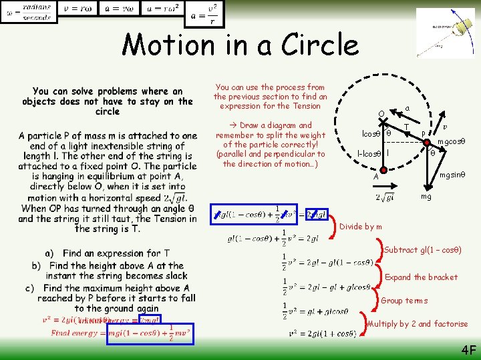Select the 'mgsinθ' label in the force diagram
pyautogui.click(x=452, y=175)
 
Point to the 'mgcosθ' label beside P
pyautogui.click(x=450, y=142)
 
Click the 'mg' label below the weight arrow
pyautogui.click(x=426, y=198)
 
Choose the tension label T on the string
pyautogui.click(x=406, y=127)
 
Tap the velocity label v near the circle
pyautogui.click(x=446, y=125)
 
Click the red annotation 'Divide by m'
pyautogui.click(x=361, y=227)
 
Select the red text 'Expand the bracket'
pyautogui.click(x=422, y=277)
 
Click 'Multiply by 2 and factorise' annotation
pyautogui.click(x=418, y=324)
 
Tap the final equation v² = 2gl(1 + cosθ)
pyautogui.click(x=322, y=333)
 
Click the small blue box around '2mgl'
pyautogui.click(x=317, y=213)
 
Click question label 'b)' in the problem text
pyautogui.click(x=36, y=265)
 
